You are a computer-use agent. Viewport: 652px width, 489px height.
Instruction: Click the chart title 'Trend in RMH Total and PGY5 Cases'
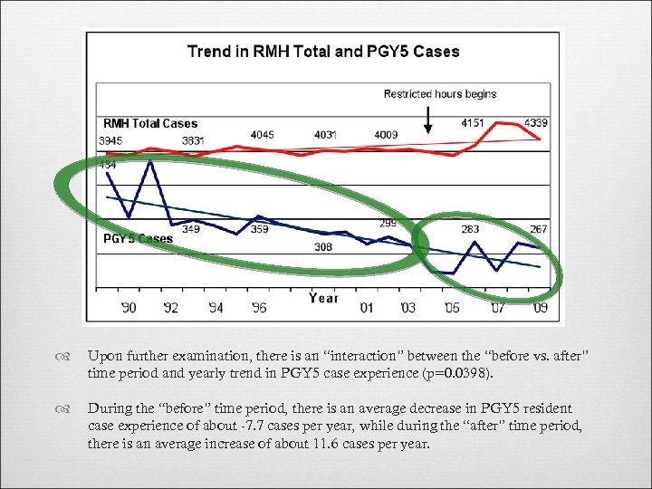coord(323,52)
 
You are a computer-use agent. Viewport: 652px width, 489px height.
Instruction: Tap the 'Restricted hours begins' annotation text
coord(440,94)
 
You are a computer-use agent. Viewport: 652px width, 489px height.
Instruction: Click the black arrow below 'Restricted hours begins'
coord(428,120)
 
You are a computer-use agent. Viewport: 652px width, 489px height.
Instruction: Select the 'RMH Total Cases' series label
coord(150,123)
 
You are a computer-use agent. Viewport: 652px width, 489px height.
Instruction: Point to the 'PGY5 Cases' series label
coord(138,239)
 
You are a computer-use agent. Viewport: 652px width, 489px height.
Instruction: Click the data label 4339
coord(536,123)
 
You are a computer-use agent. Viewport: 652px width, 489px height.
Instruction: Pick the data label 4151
coord(472,123)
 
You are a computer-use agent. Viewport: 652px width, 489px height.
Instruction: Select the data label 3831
coord(192,140)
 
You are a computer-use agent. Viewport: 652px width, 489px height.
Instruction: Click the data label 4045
coord(262,135)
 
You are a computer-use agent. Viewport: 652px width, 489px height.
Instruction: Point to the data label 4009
coord(386,135)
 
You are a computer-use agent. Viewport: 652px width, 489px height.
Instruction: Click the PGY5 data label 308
coord(323,246)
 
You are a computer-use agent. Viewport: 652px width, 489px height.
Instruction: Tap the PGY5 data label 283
coord(470,230)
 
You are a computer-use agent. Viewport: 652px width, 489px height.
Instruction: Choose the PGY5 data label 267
coord(539,230)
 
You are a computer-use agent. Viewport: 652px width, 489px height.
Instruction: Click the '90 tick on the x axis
coord(129,308)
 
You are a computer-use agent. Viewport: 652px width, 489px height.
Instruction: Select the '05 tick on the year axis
coord(452,308)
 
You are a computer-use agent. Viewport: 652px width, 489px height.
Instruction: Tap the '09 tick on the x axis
coord(540,308)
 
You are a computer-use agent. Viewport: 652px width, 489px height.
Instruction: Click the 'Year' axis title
coord(323,298)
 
